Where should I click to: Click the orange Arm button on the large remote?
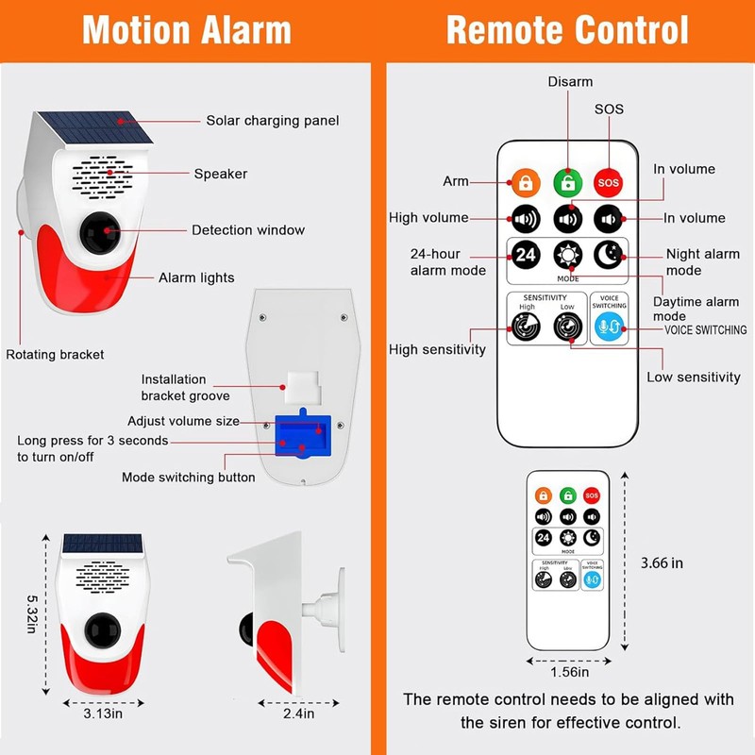[x=525, y=181]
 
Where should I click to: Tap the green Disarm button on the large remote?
[x=567, y=181]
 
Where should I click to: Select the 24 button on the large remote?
[x=525, y=255]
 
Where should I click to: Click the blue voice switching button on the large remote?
[x=609, y=327]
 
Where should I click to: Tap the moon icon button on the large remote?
[x=609, y=255]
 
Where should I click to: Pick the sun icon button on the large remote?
[x=567, y=255]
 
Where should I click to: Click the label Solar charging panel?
[x=272, y=121]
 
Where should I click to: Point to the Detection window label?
[x=248, y=230]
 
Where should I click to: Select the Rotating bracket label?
[x=55, y=355]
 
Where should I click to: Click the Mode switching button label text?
[x=188, y=478]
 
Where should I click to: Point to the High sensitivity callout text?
[x=437, y=350]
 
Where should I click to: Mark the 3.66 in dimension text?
[x=662, y=563]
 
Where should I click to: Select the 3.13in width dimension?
[x=103, y=713]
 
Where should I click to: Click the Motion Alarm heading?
[x=187, y=29]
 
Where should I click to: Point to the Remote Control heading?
[x=567, y=29]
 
